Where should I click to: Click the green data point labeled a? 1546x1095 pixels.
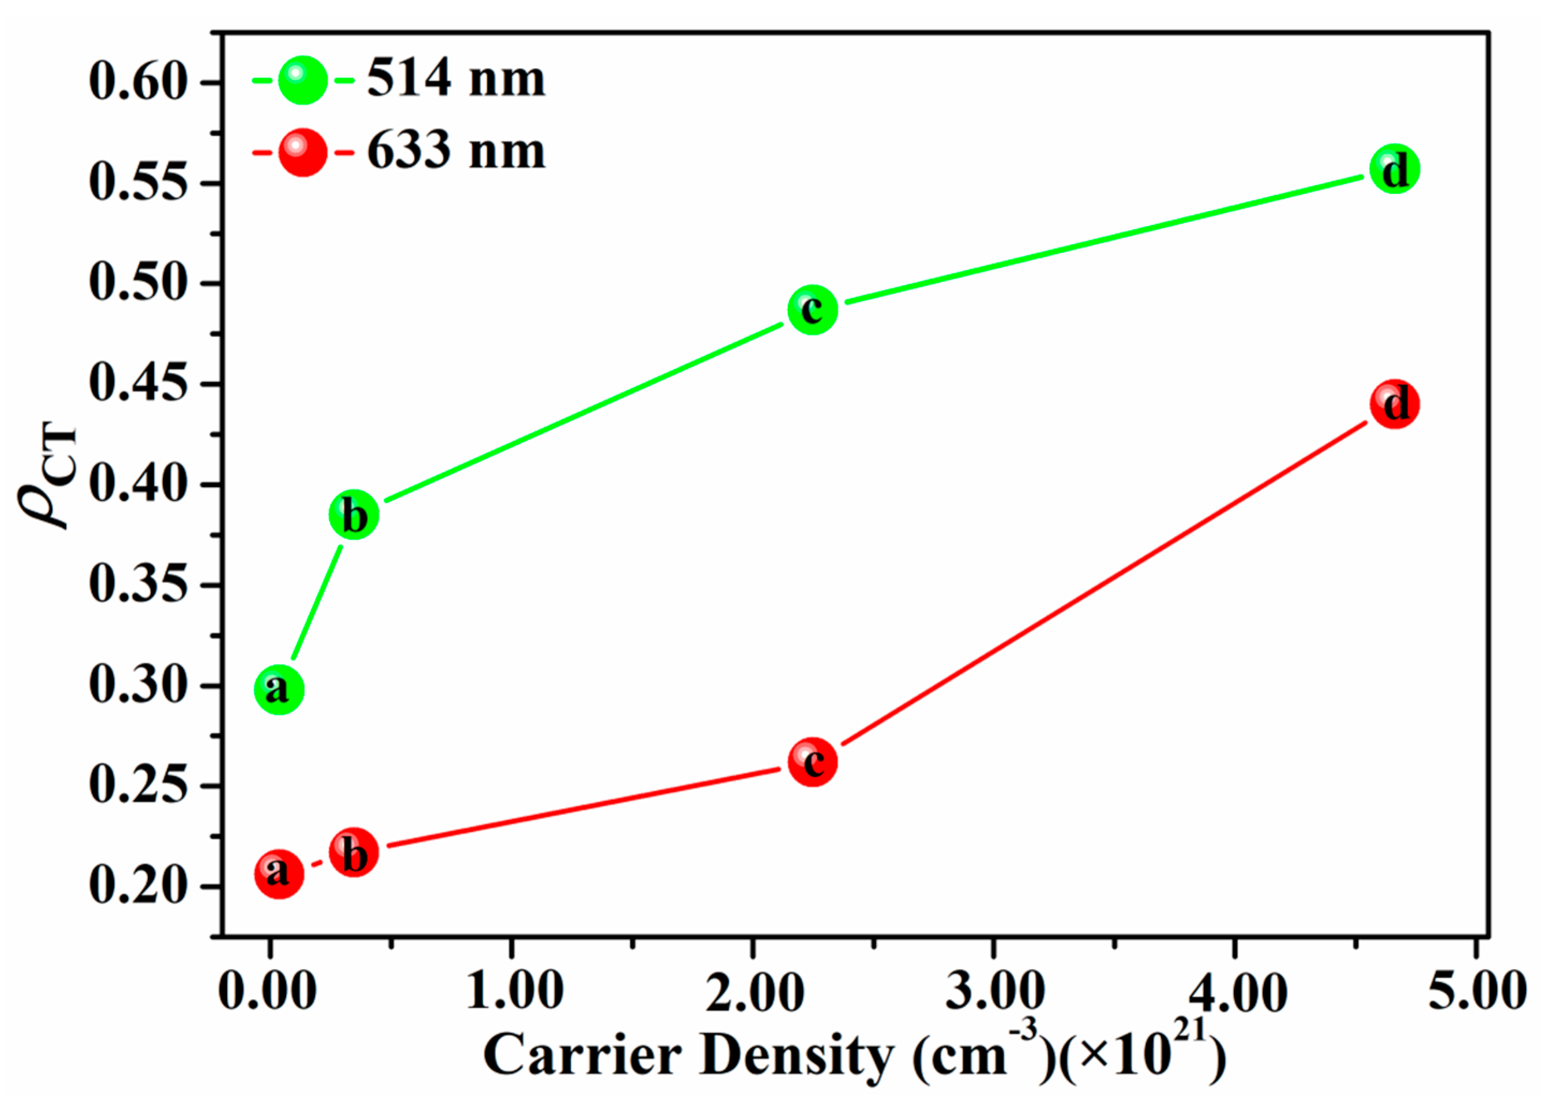click(x=279, y=690)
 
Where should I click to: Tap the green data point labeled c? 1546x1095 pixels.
click(x=813, y=309)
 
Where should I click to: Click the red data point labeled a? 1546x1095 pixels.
click(x=279, y=874)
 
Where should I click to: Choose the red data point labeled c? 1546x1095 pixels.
click(x=813, y=762)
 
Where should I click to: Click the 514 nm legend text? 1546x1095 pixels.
click(x=456, y=79)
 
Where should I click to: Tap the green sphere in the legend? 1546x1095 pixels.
click(x=303, y=80)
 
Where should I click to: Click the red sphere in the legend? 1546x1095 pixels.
click(x=303, y=152)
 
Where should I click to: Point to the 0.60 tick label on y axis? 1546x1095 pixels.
click(x=137, y=82)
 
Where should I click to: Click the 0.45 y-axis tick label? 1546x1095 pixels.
click(x=137, y=384)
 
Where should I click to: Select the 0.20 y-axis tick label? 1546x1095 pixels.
click(x=137, y=886)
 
